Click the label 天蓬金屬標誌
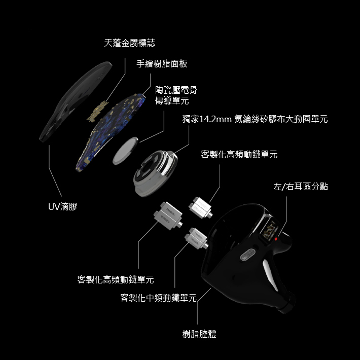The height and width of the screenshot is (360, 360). [129, 44]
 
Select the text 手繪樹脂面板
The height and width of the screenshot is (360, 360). [162, 64]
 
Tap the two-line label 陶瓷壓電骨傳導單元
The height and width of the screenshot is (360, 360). [175, 95]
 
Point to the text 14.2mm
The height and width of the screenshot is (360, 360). [216, 119]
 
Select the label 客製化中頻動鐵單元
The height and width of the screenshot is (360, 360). [158, 298]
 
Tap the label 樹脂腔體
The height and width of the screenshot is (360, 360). [199, 334]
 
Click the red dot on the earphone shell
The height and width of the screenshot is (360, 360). [276, 238]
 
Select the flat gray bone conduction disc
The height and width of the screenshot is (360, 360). [125, 150]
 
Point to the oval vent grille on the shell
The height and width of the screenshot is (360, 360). [247, 255]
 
